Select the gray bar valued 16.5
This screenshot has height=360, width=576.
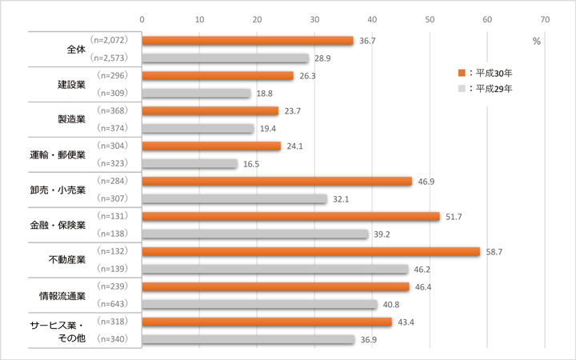pyautogui.click(x=190, y=163)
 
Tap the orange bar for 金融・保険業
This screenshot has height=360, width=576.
pyautogui.click(x=290, y=216)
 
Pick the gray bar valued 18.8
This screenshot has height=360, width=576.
pyautogui.click(x=196, y=94)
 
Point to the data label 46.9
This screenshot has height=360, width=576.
pyautogui.click(x=426, y=182)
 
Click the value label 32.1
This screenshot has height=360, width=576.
pyautogui.click(x=342, y=199)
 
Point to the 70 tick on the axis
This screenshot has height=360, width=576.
pyautogui.click(x=545, y=18)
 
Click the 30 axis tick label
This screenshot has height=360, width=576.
pyautogui.click(x=314, y=18)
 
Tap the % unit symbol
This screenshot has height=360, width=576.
pyautogui.click(x=536, y=41)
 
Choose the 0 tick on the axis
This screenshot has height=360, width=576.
pyautogui.click(x=142, y=18)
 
